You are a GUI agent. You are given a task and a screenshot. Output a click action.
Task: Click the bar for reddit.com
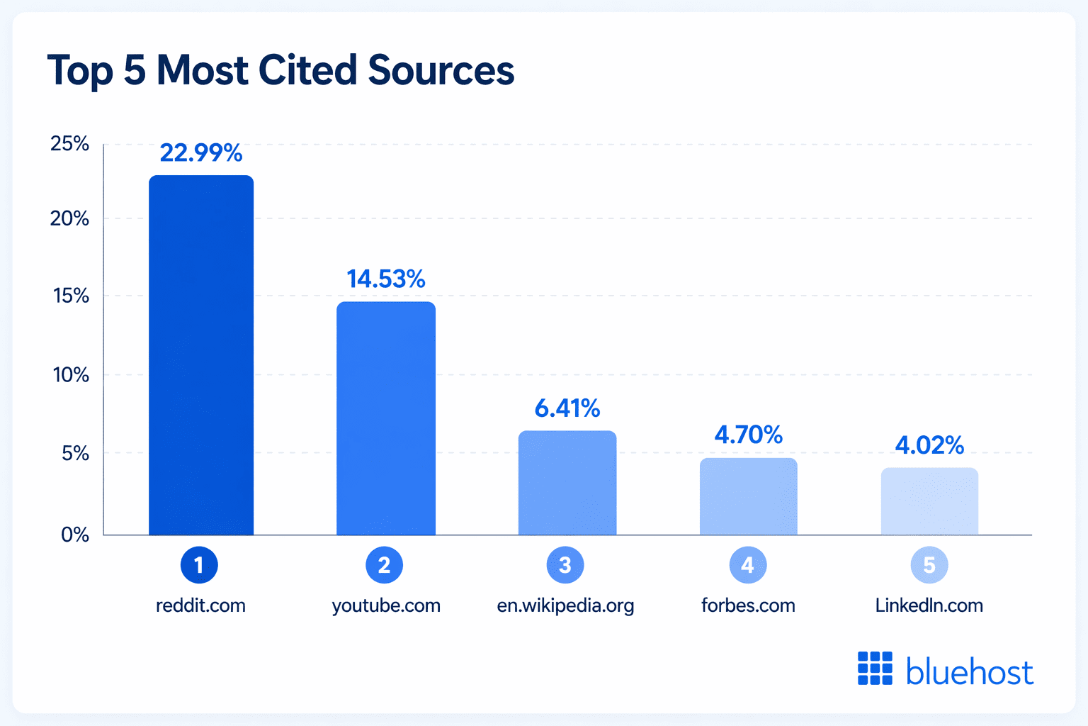(x=201, y=354)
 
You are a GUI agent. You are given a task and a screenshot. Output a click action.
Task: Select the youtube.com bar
(x=386, y=418)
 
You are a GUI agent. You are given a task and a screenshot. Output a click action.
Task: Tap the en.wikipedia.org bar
(x=567, y=483)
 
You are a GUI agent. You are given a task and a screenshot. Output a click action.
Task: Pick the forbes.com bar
(x=749, y=496)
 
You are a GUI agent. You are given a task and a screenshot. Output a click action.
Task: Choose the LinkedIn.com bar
(x=929, y=501)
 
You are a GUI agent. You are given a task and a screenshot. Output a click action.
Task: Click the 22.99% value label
(x=201, y=153)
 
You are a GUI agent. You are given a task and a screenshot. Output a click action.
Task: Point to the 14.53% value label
(x=386, y=279)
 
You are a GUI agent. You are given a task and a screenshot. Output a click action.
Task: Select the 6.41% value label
(x=567, y=408)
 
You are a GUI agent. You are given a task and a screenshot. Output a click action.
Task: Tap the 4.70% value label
(x=749, y=435)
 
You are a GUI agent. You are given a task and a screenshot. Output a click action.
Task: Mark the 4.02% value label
(x=929, y=445)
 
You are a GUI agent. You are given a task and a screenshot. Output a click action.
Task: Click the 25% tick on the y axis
(x=69, y=144)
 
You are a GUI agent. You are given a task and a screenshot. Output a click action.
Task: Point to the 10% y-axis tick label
(x=71, y=374)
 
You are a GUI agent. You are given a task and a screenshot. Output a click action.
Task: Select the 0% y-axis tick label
(x=75, y=535)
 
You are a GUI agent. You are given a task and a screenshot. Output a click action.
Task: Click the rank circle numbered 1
(x=199, y=565)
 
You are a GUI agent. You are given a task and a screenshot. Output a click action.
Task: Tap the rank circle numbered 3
(x=565, y=565)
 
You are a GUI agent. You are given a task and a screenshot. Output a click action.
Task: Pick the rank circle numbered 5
(x=929, y=565)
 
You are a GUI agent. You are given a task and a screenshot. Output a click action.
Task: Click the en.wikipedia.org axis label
(x=565, y=605)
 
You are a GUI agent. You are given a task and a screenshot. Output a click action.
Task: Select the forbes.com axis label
(x=748, y=605)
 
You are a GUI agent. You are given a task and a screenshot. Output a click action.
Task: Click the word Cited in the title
(x=307, y=70)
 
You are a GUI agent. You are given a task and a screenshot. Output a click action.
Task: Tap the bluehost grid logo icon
(x=875, y=669)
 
